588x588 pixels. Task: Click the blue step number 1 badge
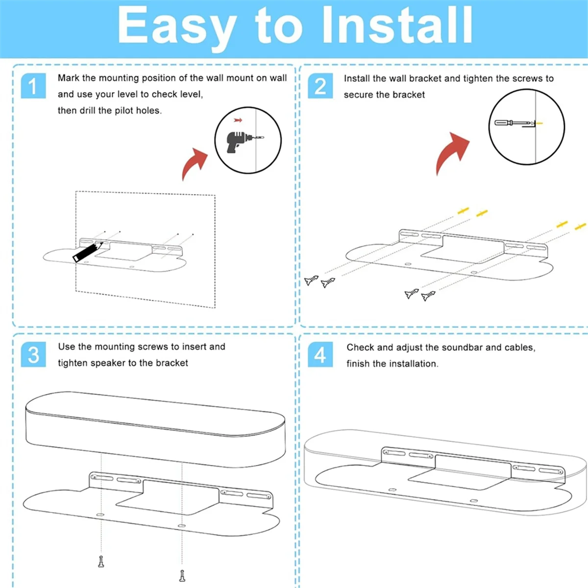pyautogui.click(x=33, y=86)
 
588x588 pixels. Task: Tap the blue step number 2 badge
pyautogui.click(x=320, y=86)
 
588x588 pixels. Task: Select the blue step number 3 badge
pyautogui.click(x=33, y=354)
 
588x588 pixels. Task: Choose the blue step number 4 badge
pyautogui.click(x=320, y=354)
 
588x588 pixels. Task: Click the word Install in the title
pyautogui.click(x=397, y=26)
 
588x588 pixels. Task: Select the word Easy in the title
pyautogui.click(x=177, y=29)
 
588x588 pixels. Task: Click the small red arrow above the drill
pyautogui.click(x=238, y=120)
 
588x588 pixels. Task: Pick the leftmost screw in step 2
pyautogui.click(x=311, y=280)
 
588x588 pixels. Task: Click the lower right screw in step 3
pyautogui.click(x=182, y=575)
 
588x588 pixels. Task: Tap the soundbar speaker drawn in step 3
pyautogui.click(x=156, y=429)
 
